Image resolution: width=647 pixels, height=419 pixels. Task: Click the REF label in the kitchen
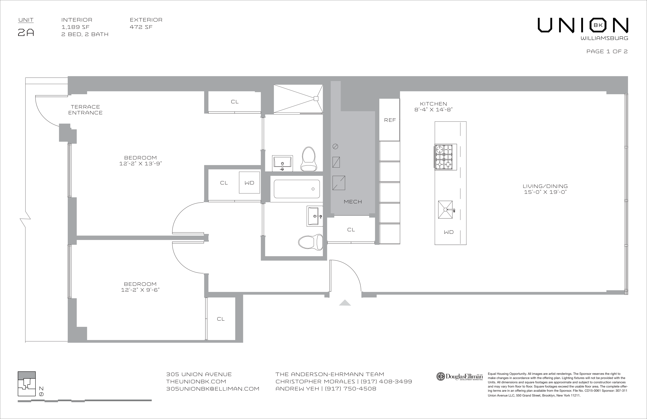[x=390, y=120]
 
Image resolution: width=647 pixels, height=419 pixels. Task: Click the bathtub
[x=297, y=189]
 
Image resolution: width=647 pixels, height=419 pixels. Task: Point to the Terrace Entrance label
[x=85, y=110]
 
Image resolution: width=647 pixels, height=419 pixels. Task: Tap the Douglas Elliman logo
[x=459, y=376]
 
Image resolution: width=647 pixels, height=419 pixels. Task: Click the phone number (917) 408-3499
[x=386, y=381]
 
